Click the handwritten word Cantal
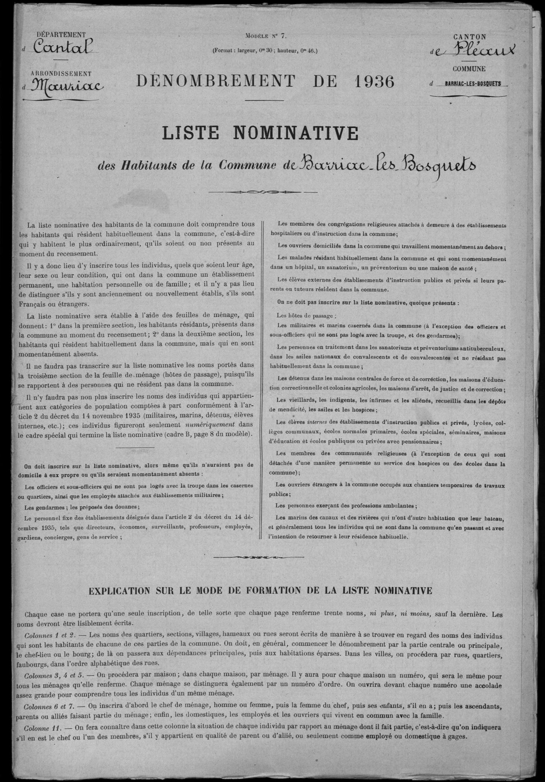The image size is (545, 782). tap(63, 48)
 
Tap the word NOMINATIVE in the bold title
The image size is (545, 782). tap(295, 133)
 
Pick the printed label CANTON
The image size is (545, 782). tap(470, 37)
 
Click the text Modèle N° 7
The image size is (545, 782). tap(266, 36)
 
